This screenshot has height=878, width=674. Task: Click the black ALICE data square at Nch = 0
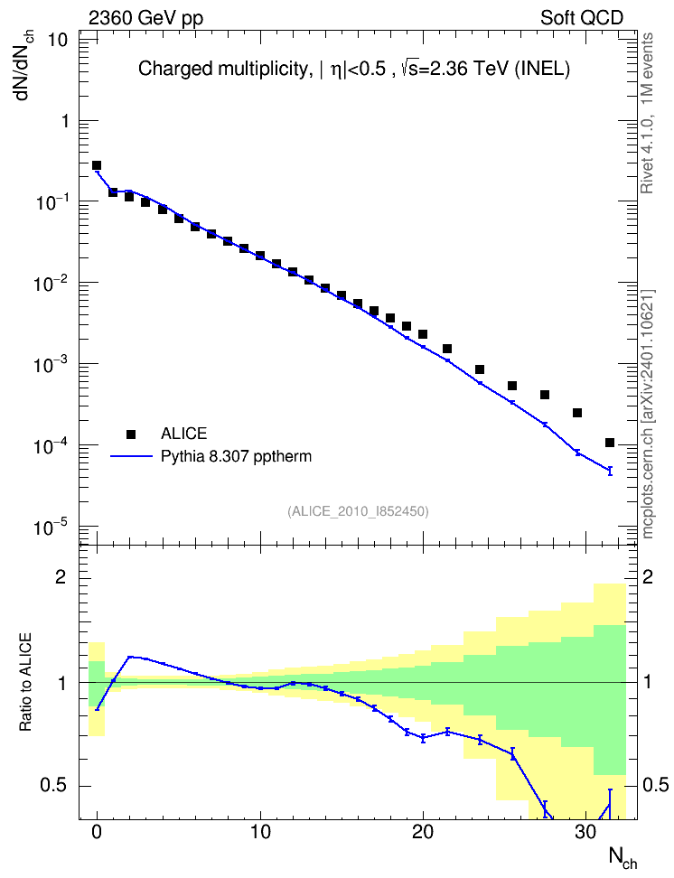[97, 165]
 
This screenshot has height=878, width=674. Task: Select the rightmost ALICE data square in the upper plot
[610, 443]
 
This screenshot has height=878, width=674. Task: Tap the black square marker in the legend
[131, 434]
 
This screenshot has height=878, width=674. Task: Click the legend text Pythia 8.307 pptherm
[236, 457]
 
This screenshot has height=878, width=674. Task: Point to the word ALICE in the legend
[183, 434]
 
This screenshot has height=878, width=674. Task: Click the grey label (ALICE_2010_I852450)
[358, 511]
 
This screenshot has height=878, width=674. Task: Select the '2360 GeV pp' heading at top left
[145, 18]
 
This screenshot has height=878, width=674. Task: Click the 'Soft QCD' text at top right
[582, 18]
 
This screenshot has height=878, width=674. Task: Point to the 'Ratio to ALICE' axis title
[25, 683]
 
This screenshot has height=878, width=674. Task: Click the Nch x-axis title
[623, 857]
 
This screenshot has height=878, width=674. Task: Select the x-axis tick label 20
[423, 832]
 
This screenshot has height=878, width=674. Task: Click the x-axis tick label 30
[585, 832]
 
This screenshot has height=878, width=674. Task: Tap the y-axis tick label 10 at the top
[58, 40]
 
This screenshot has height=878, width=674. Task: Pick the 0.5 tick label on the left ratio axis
[55, 785]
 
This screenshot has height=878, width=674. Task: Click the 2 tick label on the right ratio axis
[648, 577]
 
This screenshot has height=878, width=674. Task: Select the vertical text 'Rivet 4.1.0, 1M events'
[648, 113]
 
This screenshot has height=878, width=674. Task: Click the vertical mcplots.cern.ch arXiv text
[648, 415]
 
